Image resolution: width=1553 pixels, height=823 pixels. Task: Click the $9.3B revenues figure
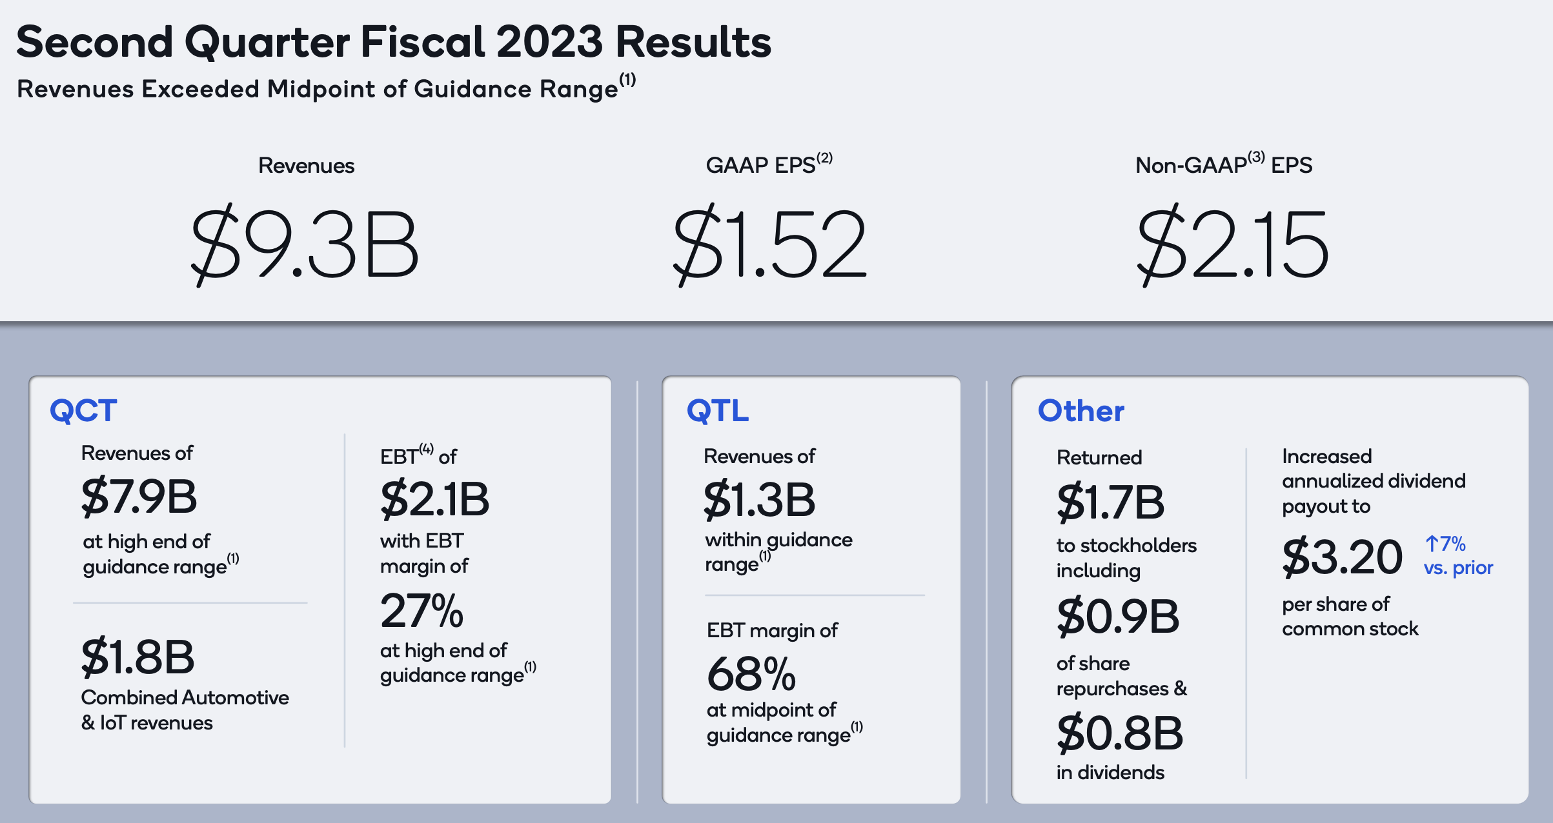[x=305, y=245]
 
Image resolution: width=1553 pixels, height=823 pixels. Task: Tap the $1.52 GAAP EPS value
[x=769, y=245]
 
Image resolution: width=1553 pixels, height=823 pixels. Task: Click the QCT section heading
[x=84, y=411]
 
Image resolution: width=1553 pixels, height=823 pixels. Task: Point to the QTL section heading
[x=718, y=411]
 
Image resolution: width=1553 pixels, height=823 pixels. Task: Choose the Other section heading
[x=1081, y=411]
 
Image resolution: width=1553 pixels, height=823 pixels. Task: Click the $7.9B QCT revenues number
[x=139, y=497]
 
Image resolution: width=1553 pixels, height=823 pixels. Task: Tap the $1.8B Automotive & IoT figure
[x=137, y=657]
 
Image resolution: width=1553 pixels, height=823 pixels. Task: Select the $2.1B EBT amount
[x=435, y=499]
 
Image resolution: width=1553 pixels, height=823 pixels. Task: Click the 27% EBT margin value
[x=422, y=611]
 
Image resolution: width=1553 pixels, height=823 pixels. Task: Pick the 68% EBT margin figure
[x=751, y=674]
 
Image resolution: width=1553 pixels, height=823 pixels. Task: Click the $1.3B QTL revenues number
[x=760, y=500]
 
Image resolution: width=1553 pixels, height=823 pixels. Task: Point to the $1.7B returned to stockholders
[x=1111, y=502]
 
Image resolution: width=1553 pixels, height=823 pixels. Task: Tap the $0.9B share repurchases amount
[x=1119, y=617]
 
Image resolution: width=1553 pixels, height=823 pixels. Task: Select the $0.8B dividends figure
[x=1120, y=733]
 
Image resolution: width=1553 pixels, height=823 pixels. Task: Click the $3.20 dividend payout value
[x=1343, y=557]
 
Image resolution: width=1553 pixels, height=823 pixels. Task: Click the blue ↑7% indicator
[x=1445, y=544]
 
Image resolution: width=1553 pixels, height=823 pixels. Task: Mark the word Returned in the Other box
[x=1099, y=457]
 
